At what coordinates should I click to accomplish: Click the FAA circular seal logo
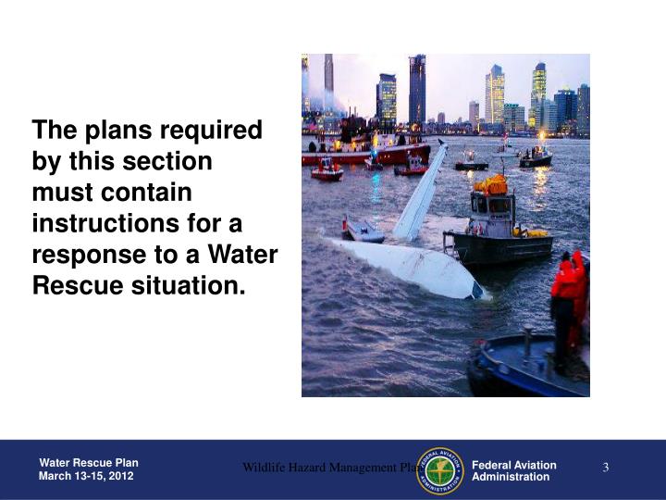[x=440, y=470]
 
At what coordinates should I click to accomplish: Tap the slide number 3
[x=606, y=468]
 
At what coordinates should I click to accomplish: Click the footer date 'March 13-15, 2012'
[x=86, y=476]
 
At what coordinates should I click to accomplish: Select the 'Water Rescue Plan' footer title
[x=89, y=463]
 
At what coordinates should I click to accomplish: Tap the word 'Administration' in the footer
[x=511, y=477]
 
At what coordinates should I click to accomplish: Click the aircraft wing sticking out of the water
[x=420, y=192]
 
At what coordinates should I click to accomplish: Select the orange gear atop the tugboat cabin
[x=492, y=184]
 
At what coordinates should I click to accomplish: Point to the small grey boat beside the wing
[x=364, y=230]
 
